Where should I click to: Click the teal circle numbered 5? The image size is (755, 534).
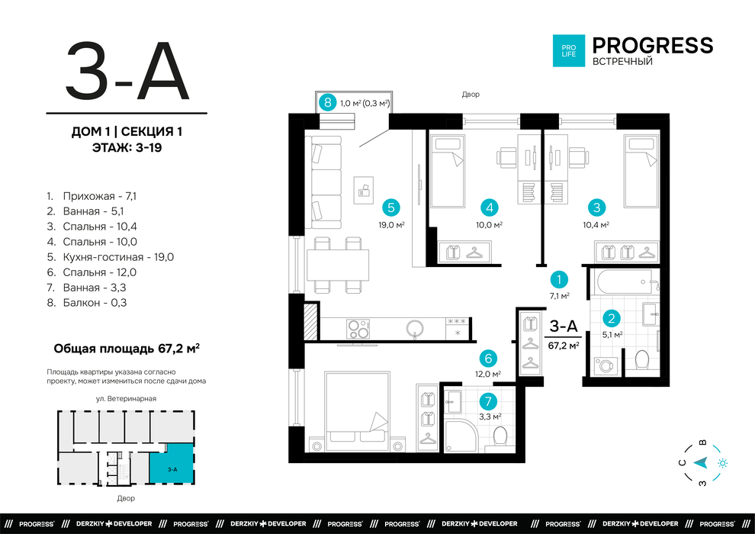pyautogui.click(x=390, y=207)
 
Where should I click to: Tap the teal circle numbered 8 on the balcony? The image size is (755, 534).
pyautogui.click(x=328, y=102)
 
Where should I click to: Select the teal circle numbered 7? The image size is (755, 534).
pyautogui.click(x=488, y=400)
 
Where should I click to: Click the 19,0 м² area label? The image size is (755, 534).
pyautogui.click(x=391, y=224)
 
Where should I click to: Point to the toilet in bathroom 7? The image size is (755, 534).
pyautogui.click(x=500, y=436)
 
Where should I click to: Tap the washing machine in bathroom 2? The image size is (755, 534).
pyautogui.click(x=603, y=365)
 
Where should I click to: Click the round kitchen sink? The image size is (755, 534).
pyautogui.click(x=415, y=330)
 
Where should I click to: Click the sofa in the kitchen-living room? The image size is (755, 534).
pyautogui.click(x=326, y=182)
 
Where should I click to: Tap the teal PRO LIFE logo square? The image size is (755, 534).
pyautogui.click(x=569, y=50)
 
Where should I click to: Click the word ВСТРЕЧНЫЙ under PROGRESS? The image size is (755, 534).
pyautogui.click(x=622, y=62)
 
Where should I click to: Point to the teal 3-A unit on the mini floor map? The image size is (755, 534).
pyautogui.click(x=172, y=465)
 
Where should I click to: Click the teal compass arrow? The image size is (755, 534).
pyautogui.click(x=701, y=463)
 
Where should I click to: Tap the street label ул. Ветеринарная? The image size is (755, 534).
pyautogui.click(x=126, y=399)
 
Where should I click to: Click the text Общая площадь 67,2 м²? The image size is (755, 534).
pyautogui.click(x=127, y=349)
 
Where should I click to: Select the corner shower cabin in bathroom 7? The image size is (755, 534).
pyautogui.click(x=460, y=436)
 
